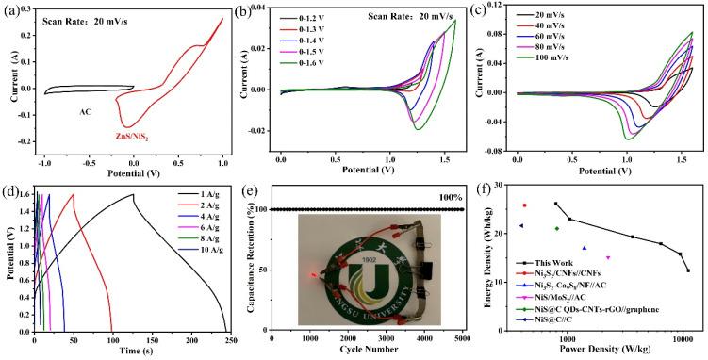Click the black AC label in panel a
[x=87, y=110]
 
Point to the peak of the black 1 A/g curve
[x=133, y=195]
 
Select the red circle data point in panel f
[x=525, y=205]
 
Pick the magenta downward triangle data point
[x=608, y=257]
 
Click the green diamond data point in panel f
[x=557, y=228]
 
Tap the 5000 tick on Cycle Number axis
[x=462, y=338]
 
